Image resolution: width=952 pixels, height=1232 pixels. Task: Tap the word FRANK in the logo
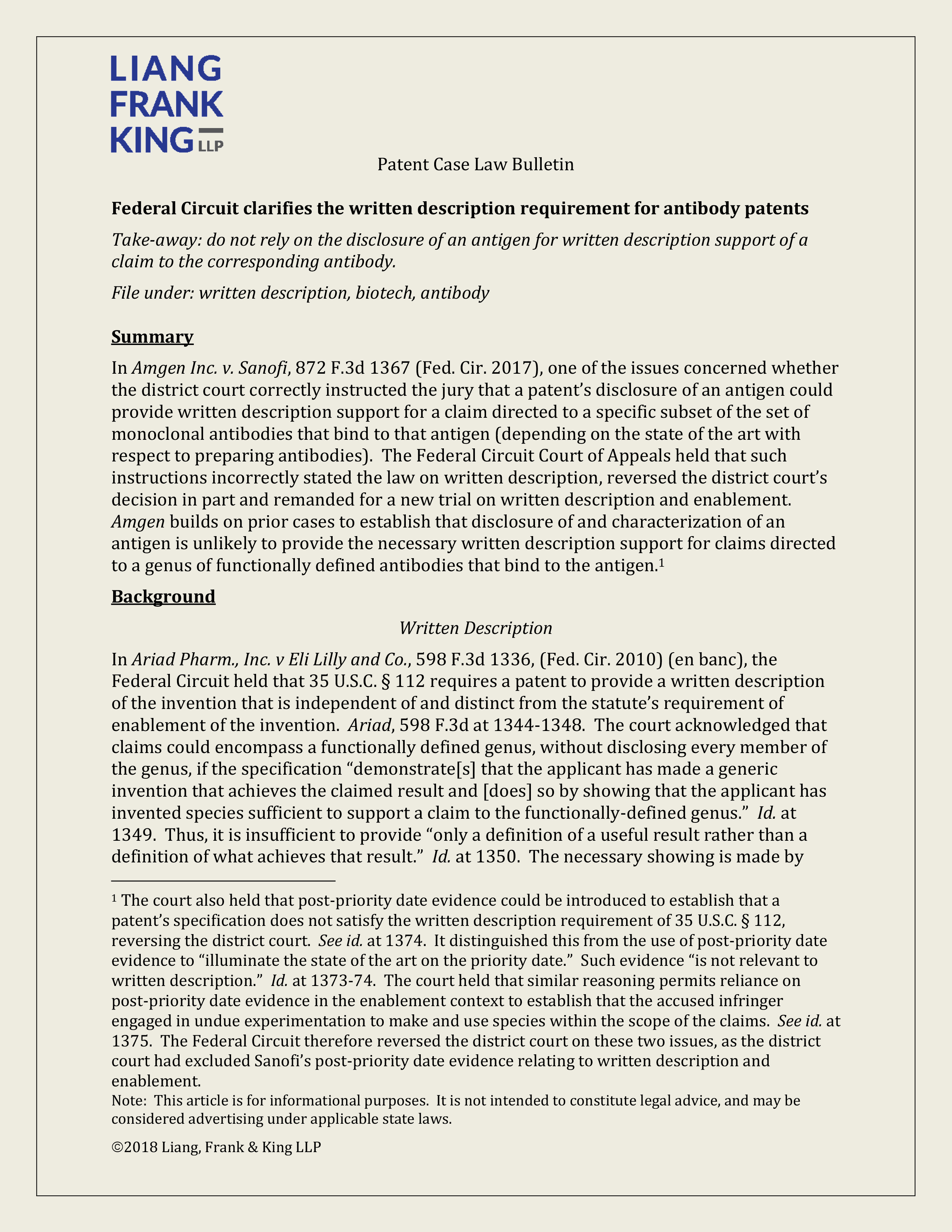[167, 105]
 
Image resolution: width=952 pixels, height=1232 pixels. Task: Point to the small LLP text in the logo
[211, 146]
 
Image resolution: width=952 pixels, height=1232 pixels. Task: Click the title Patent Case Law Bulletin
[475, 164]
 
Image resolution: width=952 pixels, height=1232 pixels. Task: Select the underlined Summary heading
[152, 337]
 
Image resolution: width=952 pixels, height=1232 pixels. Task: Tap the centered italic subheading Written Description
[475, 628]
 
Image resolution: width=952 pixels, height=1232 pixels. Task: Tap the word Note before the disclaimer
[128, 1101]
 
